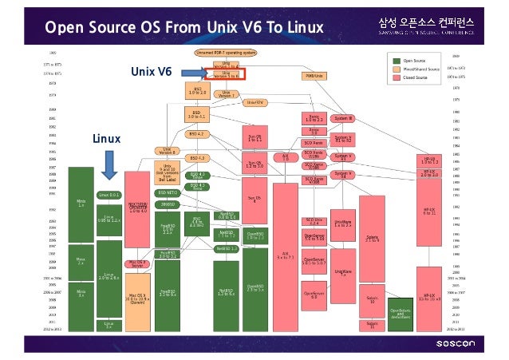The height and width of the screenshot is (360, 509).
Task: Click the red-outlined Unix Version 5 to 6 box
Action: [227, 73]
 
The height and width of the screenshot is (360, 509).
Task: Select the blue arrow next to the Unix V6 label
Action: [192, 72]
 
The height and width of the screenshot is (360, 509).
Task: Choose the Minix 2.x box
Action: [81, 260]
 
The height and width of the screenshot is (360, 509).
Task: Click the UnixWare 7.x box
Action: [343, 274]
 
